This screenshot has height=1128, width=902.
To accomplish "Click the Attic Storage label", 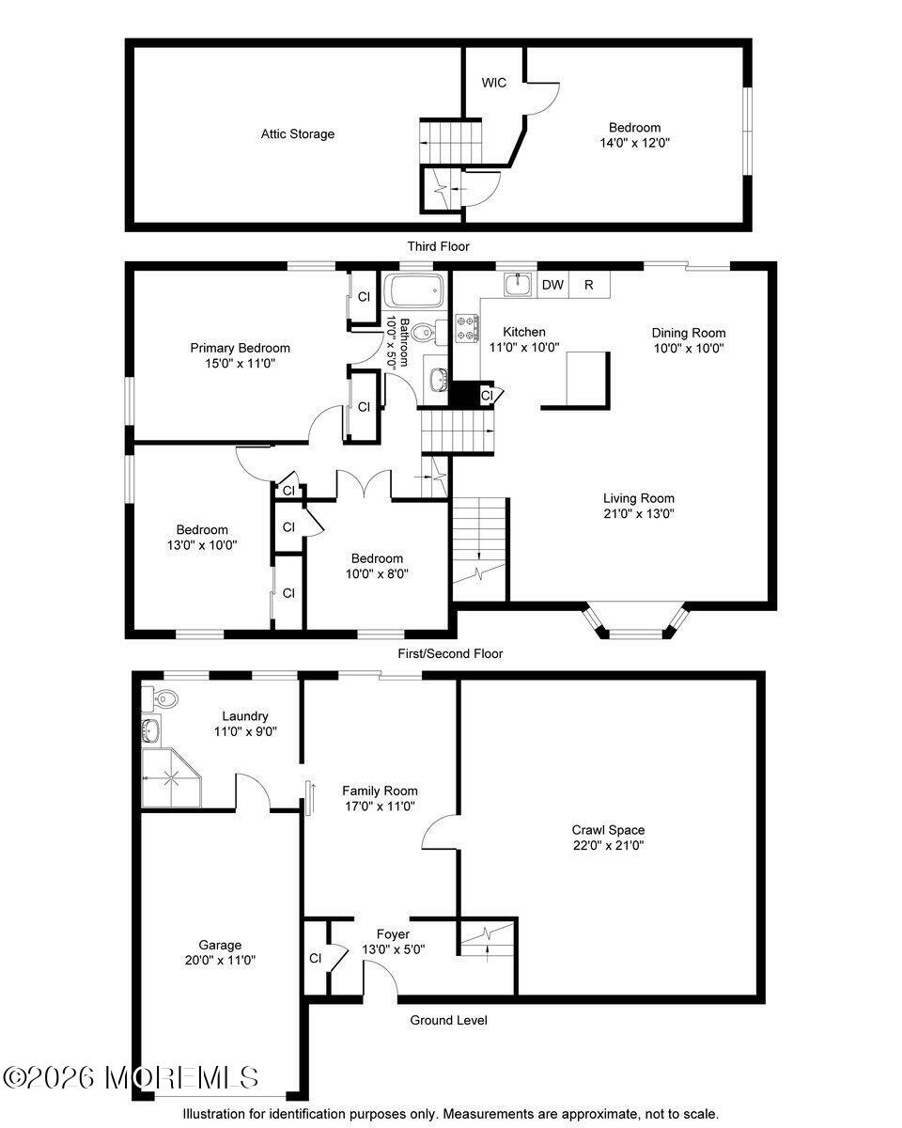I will (x=297, y=134).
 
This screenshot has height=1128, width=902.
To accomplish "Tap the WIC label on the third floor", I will (x=494, y=83).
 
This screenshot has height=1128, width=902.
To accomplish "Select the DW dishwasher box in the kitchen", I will (x=552, y=285).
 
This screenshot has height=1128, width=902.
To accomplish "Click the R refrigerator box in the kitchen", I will (x=589, y=285).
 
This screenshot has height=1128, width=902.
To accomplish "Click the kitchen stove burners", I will (x=467, y=328).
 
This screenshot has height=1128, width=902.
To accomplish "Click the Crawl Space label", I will (x=608, y=830).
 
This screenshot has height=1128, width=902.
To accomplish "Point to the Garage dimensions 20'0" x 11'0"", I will (x=220, y=960).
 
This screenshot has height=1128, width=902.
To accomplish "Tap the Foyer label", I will (x=393, y=934).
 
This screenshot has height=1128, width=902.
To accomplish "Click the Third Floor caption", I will (x=438, y=246).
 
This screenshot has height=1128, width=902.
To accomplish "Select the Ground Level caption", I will (x=448, y=1020).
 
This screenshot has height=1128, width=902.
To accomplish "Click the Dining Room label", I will (x=689, y=333).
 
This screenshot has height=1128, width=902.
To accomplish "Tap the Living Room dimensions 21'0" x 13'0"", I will (x=638, y=513).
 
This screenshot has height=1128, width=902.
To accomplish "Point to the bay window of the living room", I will (x=636, y=622).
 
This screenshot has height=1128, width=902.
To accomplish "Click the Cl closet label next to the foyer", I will (x=315, y=959).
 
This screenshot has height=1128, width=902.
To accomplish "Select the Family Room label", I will (x=380, y=791).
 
